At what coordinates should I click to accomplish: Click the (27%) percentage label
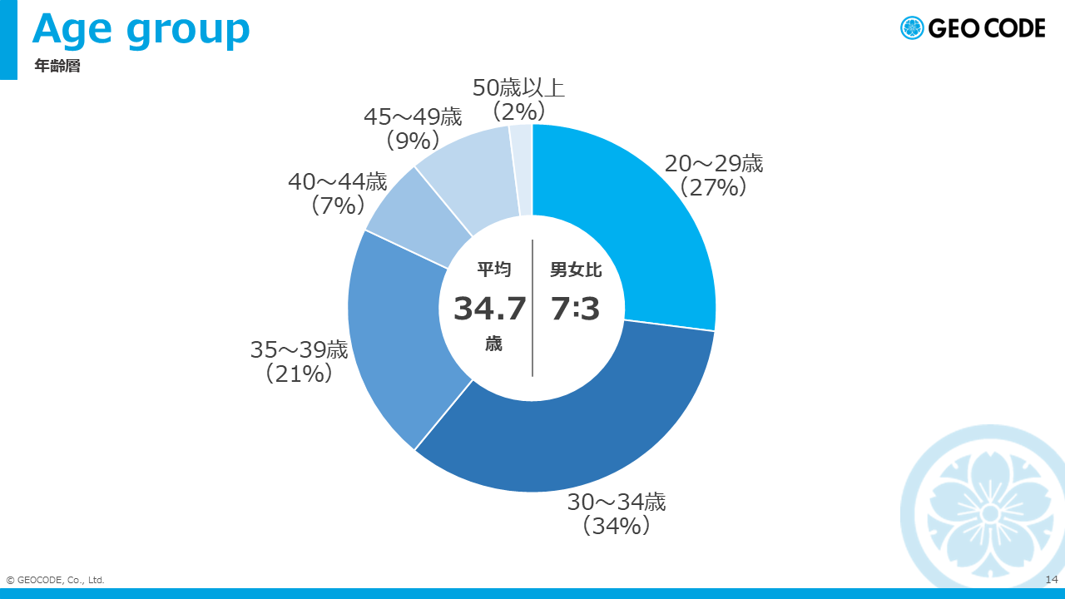713,188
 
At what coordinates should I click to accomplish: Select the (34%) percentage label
617,526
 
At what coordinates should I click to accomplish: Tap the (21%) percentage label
299,374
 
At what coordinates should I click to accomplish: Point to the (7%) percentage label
338,205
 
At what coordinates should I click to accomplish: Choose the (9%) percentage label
413,141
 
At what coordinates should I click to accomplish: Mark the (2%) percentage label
518,111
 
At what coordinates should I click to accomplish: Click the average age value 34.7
490,309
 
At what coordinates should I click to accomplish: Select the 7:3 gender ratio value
575,309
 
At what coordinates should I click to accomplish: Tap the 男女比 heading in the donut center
576,270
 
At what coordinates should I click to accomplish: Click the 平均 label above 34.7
494,269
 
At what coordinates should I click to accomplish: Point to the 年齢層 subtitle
57,66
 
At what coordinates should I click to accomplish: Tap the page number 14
1051,580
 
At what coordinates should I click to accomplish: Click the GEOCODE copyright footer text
55,580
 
